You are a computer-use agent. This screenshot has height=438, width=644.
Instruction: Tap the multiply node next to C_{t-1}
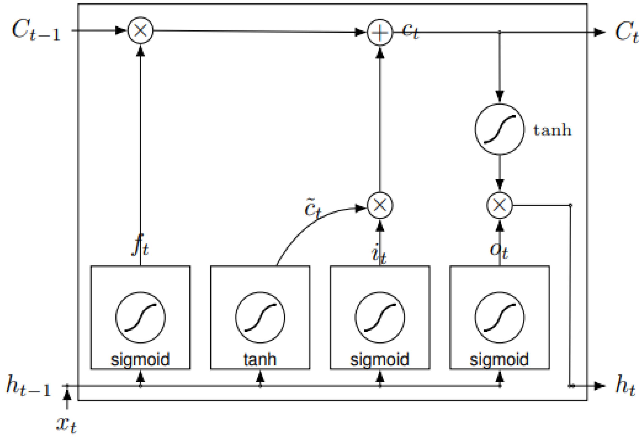pos(140,30)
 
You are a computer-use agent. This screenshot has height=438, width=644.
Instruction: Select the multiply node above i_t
pos(380,205)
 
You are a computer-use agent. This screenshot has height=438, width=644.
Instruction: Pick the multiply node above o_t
pos(499,205)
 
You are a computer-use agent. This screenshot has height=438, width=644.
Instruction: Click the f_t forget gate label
pos(140,245)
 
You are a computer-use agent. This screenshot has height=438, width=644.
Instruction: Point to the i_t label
pos(379,253)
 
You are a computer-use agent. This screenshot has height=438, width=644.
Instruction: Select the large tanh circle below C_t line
pos(499,129)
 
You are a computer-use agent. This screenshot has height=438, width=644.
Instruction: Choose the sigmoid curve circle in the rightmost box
pos(499,317)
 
